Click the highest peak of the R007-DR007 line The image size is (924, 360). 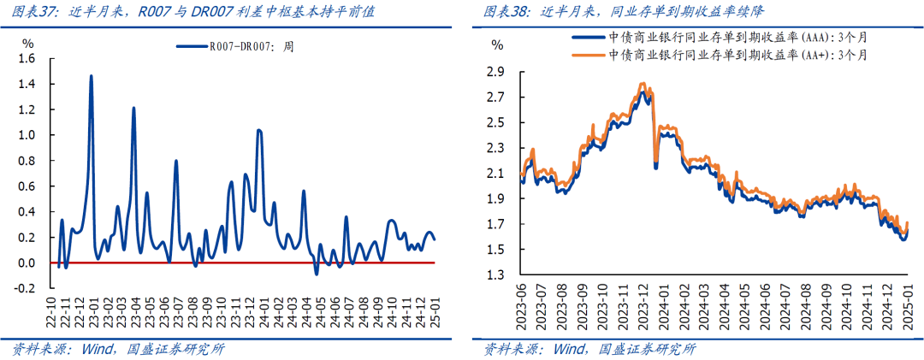91,76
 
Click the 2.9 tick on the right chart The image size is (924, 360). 495,71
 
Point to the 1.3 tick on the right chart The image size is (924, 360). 495,275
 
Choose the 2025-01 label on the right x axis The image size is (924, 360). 910,313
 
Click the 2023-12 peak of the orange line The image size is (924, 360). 642,84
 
